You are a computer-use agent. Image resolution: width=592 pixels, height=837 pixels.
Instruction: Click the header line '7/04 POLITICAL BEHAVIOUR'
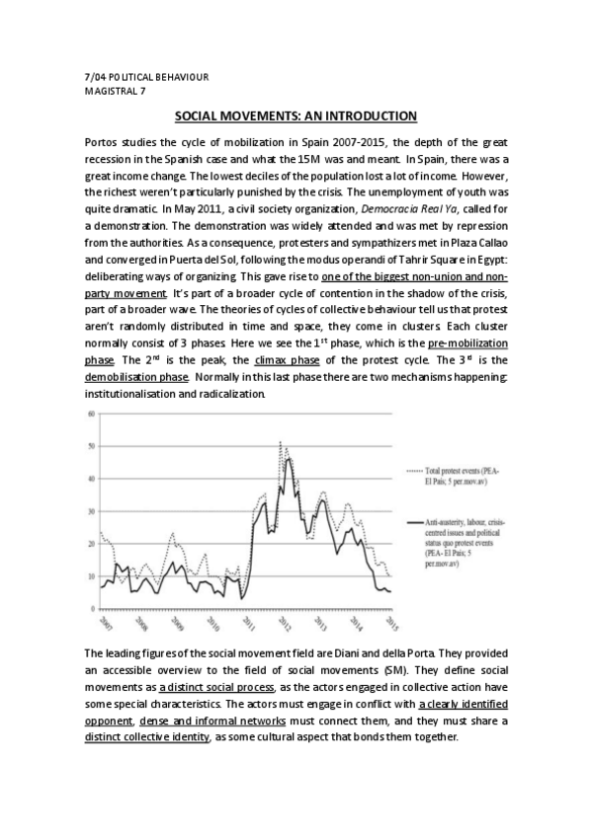click(146, 77)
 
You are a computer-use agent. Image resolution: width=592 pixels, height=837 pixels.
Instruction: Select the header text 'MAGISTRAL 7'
click(116, 90)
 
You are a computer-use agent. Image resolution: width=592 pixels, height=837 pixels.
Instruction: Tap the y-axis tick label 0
click(92, 608)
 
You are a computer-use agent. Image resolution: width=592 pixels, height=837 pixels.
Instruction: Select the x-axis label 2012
click(284, 624)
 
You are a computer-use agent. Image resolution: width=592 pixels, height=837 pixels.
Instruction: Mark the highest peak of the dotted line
click(281, 442)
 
